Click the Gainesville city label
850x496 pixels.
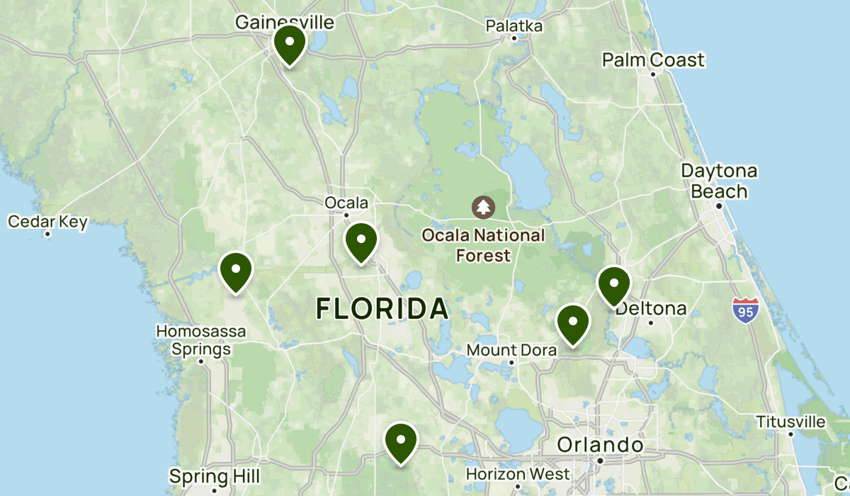(x=284, y=23)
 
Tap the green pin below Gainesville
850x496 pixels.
(x=290, y=44)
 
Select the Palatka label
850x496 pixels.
(x=514, y=26)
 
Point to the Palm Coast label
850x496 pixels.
(x=653, y=60)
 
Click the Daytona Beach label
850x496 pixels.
(x=719, y=181)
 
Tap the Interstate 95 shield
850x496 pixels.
(x=746, y=311)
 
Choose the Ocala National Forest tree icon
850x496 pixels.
(x=483, y=207)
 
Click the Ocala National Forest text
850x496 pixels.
(x=483, y=244)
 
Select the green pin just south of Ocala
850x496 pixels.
(x=361, y=242)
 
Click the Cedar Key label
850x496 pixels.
(x=47, y=222)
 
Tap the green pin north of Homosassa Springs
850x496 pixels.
(x=236, y=271)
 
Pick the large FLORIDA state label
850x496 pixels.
(x=382, y=309)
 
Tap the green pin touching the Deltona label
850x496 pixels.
(x=613, y=285)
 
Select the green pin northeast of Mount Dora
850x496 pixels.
(x=573, y=323)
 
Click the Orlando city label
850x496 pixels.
(x=600, y=445)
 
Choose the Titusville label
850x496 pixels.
(x=790, y=422)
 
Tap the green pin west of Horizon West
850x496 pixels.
(x=400, y=441)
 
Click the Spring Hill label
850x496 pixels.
(x=215, y=475)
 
